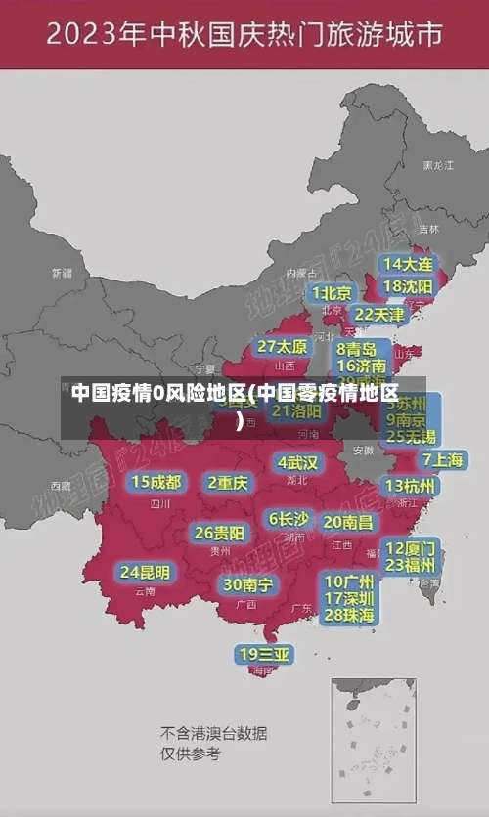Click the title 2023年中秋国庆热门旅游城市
pos(244,36)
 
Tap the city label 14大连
pos(408,264)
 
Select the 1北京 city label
pos(333,293)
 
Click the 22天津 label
pos(378,315)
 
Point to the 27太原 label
pos(283,347)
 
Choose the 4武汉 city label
pos(297,462)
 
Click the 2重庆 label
pos(228,482)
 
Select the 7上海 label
pos(442,459)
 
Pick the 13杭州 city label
pos(411,486)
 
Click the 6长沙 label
pos(289,519)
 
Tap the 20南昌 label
pos(347,522)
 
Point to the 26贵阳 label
pos(220,533)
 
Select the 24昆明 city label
pos(145,572)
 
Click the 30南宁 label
pos(247,584)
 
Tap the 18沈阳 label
pos(408,286)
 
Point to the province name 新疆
pos(62,273)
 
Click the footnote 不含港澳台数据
pos(213,733)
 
